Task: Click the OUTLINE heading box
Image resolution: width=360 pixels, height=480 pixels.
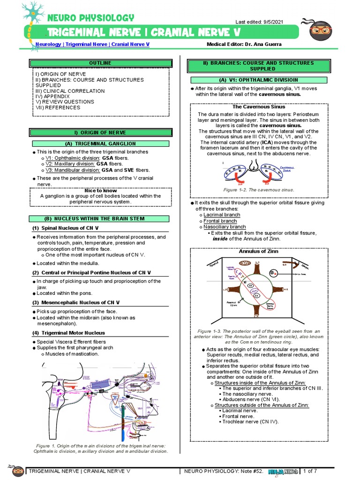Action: pyautogui.click(x=100, y=63)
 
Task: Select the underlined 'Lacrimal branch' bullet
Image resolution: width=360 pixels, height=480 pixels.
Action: pyautogui.click(x=222, y=215)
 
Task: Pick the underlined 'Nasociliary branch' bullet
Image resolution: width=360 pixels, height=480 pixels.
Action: pyautogui.click(x=225, y=227)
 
